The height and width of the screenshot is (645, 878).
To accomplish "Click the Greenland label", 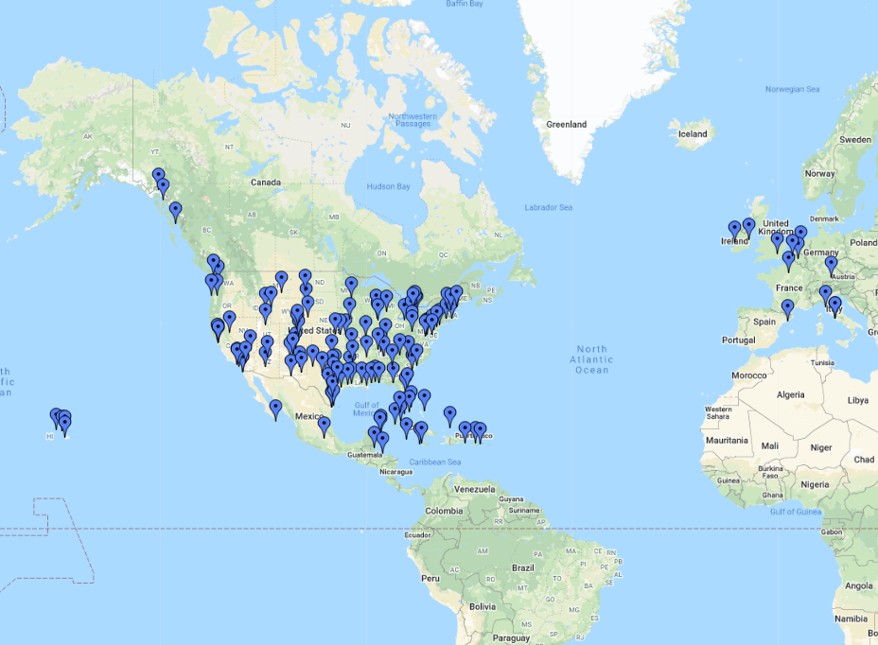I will click(x=566, y=124).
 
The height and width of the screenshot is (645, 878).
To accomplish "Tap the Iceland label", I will click(x=693, y=133).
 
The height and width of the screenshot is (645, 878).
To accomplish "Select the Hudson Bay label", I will click(x=389, y=186).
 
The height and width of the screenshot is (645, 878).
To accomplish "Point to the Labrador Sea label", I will click(x=549, y=207).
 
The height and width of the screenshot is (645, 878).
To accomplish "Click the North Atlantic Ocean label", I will click(x=591, y=359).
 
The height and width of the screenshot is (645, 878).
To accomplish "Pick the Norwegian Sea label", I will click(x=792, y=89).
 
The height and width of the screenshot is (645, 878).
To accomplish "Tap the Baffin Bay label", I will click(x=465, y=4).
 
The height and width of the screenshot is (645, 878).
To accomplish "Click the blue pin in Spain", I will click(x=787, y=307).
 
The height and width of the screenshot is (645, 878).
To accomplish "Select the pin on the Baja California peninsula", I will click(x=275, y=408).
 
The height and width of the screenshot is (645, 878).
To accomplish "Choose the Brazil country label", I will click(x=522, y=567).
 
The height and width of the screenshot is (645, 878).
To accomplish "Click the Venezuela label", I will click(x=475, y=489).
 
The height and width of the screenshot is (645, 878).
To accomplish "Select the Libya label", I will click(x=857, y=400).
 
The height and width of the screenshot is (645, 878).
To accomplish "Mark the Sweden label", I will click(x=855, y=139).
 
